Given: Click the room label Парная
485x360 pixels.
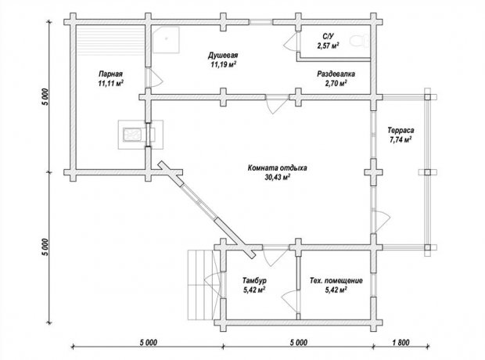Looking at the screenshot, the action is click(110, 74).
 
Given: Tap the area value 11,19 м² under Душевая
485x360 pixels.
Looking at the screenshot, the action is click(224, 64).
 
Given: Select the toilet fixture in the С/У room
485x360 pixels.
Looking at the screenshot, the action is click(360, 41).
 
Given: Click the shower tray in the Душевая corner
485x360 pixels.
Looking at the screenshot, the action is click(166, 40).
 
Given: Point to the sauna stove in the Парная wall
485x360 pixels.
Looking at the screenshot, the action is click(141, 135).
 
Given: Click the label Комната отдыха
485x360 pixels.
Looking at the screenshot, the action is click(277, 167).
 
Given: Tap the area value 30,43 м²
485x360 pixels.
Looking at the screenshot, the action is click(278, 177).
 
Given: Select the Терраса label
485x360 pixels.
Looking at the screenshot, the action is click(401, 131).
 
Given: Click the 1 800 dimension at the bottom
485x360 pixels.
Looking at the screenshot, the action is click(401, 342).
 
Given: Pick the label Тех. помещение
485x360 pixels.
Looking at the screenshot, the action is click(336, 281).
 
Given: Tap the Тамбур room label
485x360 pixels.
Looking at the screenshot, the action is click(254, 281).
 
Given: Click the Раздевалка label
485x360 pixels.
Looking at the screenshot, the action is click(336, 74).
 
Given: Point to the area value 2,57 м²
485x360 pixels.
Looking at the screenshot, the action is click(328, 46).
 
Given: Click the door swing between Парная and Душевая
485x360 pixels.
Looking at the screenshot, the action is click(154, 77).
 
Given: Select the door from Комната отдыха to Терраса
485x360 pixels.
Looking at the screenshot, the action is click(381, 221).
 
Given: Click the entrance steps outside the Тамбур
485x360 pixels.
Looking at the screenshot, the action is click(200, 284).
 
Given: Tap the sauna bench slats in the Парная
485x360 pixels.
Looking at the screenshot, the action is click(111, 39).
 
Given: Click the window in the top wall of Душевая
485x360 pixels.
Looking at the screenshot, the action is click(260, 22).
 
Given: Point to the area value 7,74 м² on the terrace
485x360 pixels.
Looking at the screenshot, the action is click(401, 139).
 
